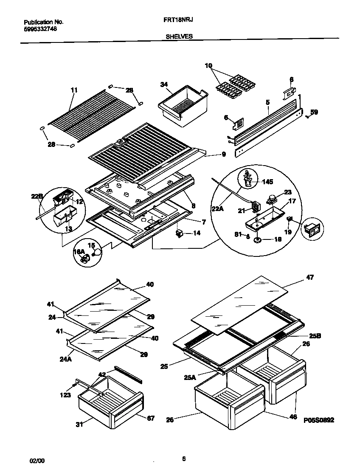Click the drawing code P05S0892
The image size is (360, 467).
[x=319, y=420]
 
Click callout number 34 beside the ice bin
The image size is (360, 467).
[x=164, y=84]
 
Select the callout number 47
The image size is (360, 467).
[x=310, y=277]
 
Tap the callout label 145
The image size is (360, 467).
[x=268, y=182]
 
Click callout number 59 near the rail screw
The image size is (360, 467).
[x=314, y=113]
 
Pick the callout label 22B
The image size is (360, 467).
[x=37, y=196]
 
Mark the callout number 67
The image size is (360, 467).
[x=150, y=418]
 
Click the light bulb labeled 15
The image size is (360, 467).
[x=98, y=252]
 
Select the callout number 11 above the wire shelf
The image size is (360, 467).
[x=74, y=90]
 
